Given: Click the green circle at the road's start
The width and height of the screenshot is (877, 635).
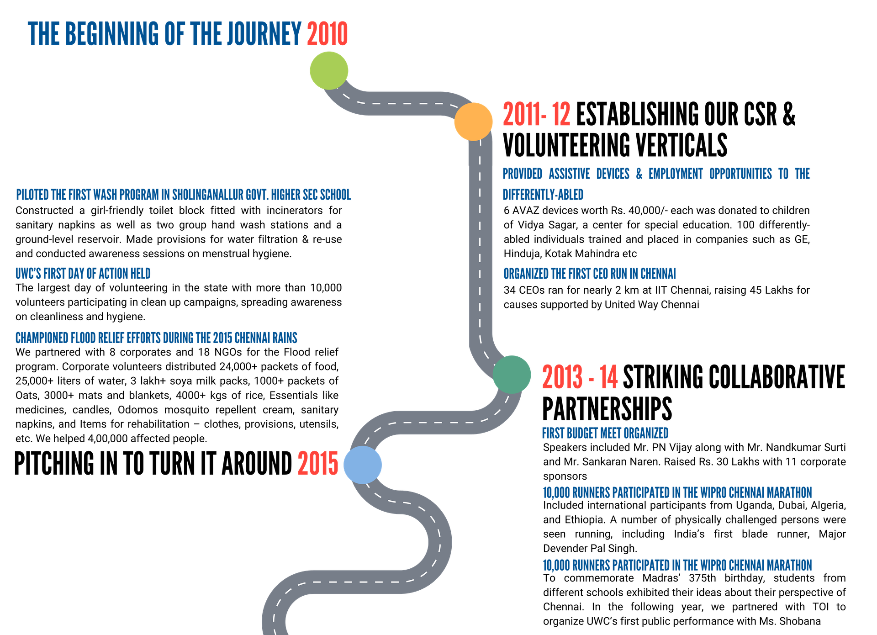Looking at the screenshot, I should [329, 70].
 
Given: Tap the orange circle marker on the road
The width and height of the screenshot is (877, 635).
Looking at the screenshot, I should [473, 121].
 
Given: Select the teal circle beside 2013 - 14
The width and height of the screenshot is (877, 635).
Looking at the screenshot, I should [512, 374].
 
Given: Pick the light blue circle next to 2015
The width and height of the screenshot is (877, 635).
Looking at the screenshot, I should [363, 465].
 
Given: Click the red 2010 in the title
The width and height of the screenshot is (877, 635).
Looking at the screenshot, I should [328, 34].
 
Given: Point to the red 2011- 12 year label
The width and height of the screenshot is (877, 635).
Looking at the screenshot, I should [536, 114].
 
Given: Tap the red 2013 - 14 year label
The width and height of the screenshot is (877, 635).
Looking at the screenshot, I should [580, 377].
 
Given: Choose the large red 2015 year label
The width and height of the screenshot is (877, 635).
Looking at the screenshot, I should [318, 463].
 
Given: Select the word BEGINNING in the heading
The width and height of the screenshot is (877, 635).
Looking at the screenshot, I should [112, 34].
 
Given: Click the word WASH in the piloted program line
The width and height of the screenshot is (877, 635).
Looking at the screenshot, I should [105, 195].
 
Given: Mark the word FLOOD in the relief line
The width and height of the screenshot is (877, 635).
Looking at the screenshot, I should [83, 338].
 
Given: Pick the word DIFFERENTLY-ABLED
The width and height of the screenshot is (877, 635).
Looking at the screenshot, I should [543, 195].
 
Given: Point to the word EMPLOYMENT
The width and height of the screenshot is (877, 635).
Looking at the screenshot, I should [676, 174].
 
